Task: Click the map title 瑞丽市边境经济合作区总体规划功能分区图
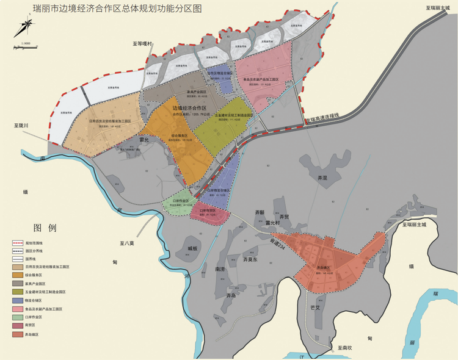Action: [112, 9]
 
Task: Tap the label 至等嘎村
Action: [145, 45]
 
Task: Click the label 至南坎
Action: [341, 348]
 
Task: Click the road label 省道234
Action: [278, 242]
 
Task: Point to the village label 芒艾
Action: [315, 308]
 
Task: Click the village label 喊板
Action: [192, 248]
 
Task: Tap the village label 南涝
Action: [220, 268]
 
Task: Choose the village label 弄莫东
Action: [251, 259]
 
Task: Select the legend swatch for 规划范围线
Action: [16, 242]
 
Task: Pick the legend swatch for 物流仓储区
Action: [16, 300]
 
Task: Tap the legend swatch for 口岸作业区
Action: [16, 317]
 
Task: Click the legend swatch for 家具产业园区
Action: [16, 284]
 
